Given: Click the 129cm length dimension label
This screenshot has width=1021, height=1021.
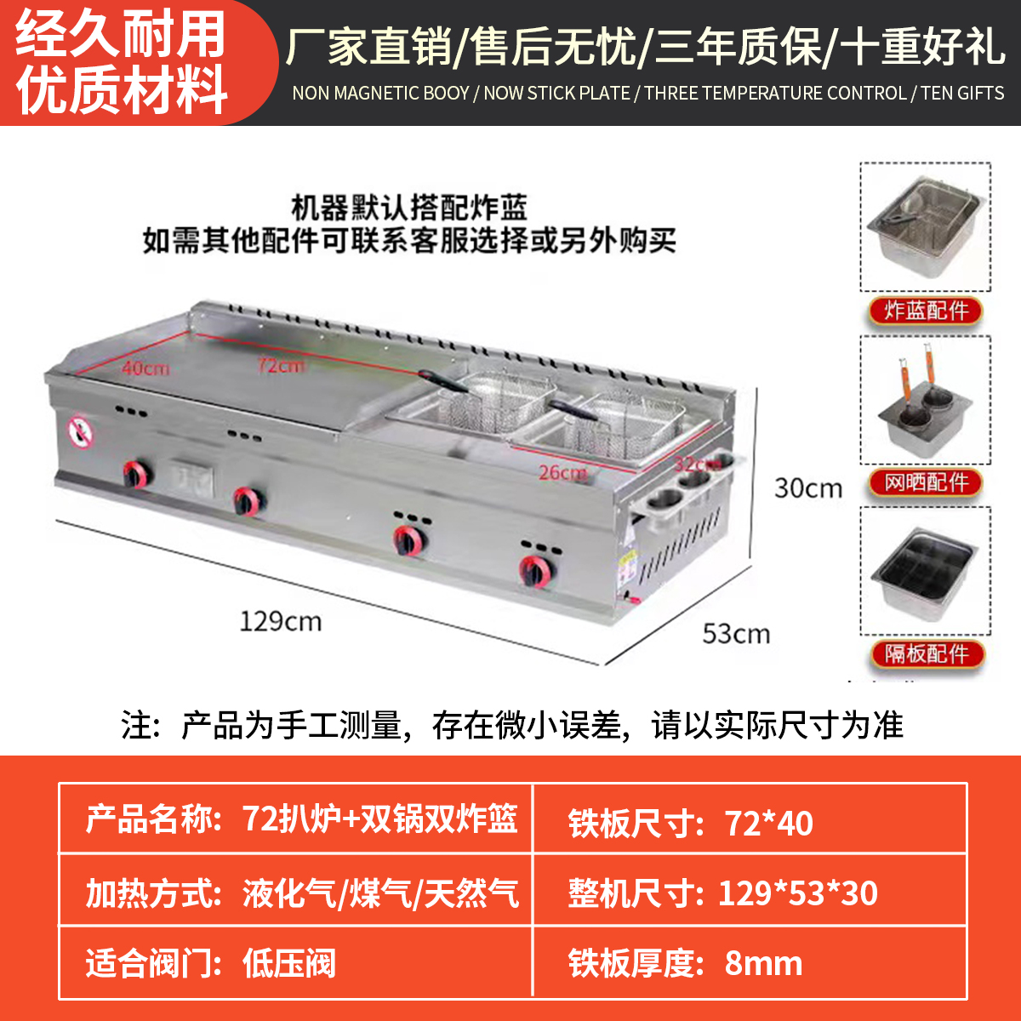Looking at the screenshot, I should point(280,621).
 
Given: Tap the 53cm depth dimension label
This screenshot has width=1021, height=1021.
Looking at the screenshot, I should point(736,634).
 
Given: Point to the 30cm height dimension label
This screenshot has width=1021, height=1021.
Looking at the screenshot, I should point(807,488).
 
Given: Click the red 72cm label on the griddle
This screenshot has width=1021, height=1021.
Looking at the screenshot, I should point(282,366).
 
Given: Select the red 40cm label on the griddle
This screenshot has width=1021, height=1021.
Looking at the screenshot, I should point(145,368).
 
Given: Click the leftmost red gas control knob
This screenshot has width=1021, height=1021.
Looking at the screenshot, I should point(135,473).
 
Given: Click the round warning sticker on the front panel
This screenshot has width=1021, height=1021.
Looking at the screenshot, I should point(81,431).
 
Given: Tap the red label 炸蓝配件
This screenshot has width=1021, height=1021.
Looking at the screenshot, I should point(926,311).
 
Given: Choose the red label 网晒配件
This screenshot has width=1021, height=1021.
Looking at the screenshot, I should point(926,482).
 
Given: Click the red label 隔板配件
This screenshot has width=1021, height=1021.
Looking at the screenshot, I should point(926,653).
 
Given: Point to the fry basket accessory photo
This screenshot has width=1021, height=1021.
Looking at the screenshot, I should point(926,228).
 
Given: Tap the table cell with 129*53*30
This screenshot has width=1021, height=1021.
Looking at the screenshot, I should point(750,892).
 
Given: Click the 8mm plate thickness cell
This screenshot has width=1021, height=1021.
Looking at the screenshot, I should point(750,962).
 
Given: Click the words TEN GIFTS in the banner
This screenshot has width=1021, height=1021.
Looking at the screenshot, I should point(962,94).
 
